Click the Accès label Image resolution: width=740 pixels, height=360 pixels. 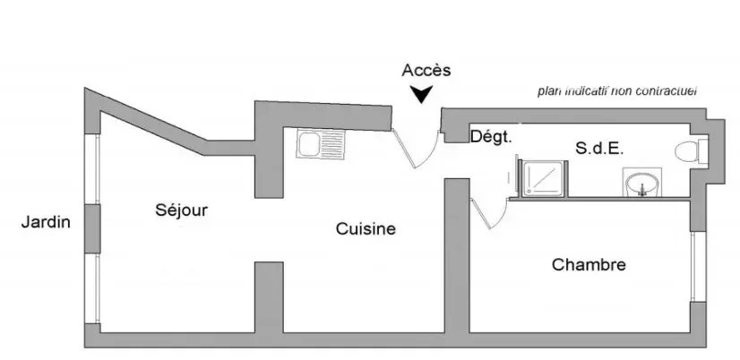click(426, 71)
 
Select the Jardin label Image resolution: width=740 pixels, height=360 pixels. click(46, 222)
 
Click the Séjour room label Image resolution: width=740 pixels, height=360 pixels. click(181, 210)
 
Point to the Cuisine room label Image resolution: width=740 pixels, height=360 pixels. click(366, 229)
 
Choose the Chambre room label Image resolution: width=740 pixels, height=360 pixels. click(589, 265)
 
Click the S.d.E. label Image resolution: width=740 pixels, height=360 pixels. click(600, 149)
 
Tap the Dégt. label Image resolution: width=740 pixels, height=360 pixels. click(491, 137)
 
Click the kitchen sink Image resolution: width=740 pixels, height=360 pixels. click(321, 144)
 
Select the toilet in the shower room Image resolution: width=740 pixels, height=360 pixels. click(692, 151)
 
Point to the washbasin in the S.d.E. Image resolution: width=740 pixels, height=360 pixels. click(641, 182)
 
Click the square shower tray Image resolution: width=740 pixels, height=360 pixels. click(544, 177)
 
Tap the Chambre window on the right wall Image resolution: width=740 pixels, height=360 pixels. click(693, 267)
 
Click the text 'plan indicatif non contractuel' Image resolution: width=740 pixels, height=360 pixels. click(617, 91)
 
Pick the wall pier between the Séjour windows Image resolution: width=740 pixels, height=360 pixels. click(92, 229)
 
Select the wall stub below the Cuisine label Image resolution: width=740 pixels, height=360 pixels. click(269, 297)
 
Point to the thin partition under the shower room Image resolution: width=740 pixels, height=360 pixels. click(599, 199)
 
